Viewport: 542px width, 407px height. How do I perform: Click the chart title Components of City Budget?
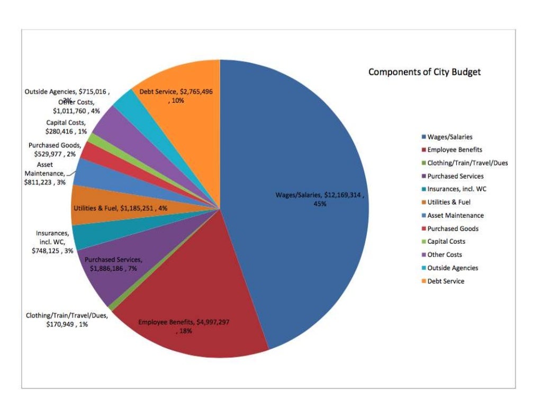point(424,72)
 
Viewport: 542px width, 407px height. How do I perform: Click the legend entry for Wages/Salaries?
point(450,137)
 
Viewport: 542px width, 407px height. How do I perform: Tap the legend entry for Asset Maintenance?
point(455,215)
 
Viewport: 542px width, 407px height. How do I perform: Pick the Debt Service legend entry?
point(446,281)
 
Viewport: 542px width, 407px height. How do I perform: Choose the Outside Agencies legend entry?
point(453,268)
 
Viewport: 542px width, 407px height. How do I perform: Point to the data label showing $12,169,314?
point(320,199)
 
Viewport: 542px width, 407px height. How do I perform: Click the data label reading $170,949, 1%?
point(67,320)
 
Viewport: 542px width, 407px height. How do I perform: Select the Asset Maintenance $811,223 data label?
point(45,173)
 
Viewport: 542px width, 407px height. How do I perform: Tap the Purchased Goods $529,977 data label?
point(55,149)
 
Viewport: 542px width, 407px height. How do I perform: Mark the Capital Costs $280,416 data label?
point(67,127)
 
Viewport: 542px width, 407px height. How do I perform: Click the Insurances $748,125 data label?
point(52,242)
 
